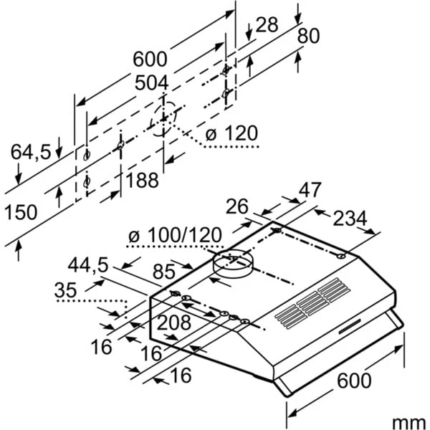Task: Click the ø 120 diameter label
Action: [x=231, y=134]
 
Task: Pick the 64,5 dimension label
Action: [x=31, y=151]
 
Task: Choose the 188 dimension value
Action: [x=142, y=180]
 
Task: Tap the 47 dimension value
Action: [x=309, y=191]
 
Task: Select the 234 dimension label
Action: [x=349, y=218]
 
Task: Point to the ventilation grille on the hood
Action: [x=310, y=304]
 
